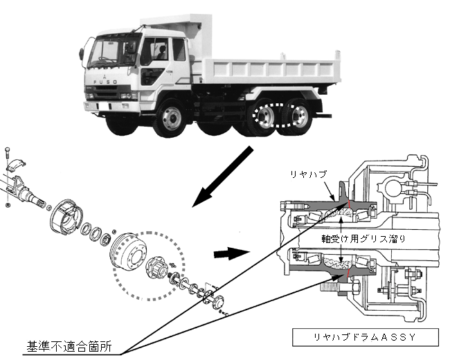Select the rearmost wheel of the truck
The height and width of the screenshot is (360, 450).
pyautogui.click(x=298, y=118)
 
